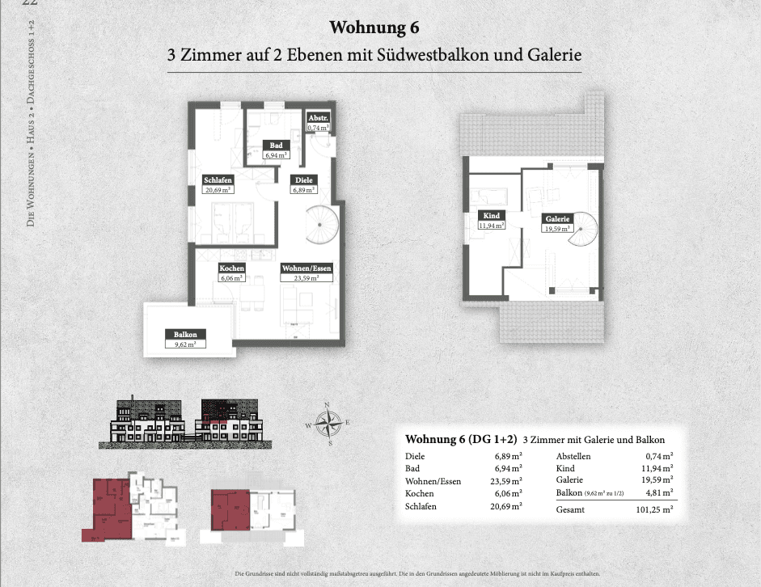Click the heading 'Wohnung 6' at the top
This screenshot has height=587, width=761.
(374, 28)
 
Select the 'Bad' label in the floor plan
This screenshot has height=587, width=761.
(276, 145)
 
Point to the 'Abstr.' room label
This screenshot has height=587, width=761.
(317, 117)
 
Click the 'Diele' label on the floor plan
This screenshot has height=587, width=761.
(303, 179)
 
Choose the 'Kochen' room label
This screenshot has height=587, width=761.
(232, 268)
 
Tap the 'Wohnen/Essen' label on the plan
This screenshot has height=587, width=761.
(306, 268)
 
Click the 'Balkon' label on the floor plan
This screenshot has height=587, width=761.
(184, 333)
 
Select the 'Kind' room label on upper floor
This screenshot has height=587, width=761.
(492, 216)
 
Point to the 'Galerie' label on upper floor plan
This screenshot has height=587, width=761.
(557, 218)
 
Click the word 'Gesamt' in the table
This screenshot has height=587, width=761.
(571, 510)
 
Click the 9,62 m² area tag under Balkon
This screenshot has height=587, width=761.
(184, 343)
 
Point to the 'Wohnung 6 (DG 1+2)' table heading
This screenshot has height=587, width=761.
(459, 440)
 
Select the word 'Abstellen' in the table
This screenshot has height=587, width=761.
(575, 457)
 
